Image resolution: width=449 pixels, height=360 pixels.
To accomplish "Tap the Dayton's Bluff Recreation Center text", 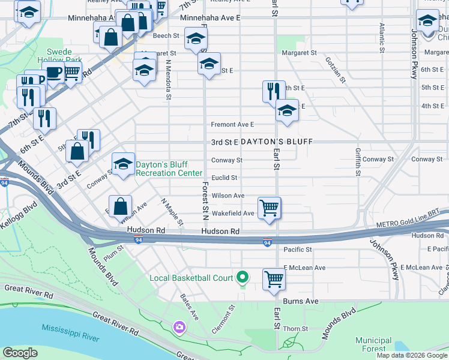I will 169,169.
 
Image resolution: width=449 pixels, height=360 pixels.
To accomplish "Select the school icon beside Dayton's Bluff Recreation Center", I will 124,163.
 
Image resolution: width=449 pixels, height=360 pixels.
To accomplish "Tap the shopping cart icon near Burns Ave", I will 274,279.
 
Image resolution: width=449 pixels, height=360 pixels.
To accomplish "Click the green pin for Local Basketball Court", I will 243,277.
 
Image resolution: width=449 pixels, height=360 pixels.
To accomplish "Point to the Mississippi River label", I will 70,333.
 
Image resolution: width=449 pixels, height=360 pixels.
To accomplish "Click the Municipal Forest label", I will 373,344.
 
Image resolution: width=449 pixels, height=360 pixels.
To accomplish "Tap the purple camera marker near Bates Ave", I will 179,328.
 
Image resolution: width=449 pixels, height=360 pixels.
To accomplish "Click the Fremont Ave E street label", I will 232,125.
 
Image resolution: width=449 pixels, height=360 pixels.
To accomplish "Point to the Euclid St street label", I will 224,178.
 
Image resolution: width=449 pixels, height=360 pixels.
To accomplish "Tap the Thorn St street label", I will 295,329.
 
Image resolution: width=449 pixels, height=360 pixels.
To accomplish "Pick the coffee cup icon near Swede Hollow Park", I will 53,74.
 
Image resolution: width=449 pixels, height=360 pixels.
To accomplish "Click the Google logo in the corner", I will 20,353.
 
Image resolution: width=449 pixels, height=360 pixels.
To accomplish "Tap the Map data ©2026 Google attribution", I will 411,355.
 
